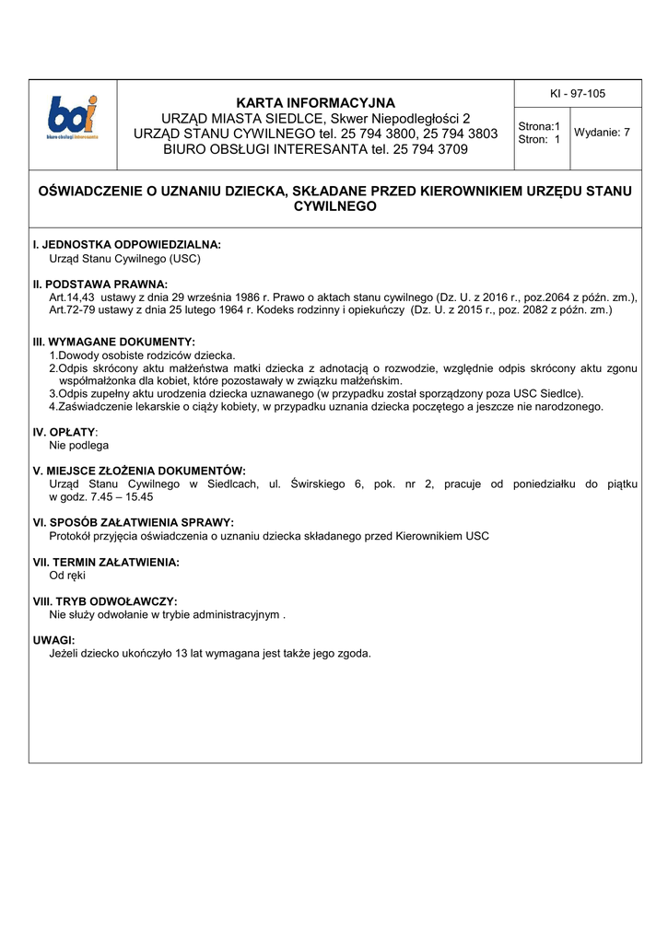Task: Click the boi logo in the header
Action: (x=73, y=118)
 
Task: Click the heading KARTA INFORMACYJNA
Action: (x=315, y=102)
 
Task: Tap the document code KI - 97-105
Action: (x=577, y=94)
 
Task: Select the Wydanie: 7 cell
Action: (x=602, y=133)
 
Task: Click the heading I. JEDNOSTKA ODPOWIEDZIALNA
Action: (x=127, y=245)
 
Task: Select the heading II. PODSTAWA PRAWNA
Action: (x=100, y=285)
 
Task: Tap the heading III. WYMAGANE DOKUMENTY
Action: (x=114, y=342)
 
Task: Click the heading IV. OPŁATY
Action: (x=64, y=431)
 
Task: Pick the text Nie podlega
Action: (x=78, y=445)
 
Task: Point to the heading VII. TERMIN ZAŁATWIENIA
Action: (x=106, y=562)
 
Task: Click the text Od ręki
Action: (x=67, y=576)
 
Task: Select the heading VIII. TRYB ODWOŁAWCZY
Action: (x=105, y=601)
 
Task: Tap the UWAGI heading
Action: (x=53, y=640)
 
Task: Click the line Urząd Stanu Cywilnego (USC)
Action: (x=124, y=259)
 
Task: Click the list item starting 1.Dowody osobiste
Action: (x=142, y=355)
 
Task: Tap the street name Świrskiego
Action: (x=318, y=483)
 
